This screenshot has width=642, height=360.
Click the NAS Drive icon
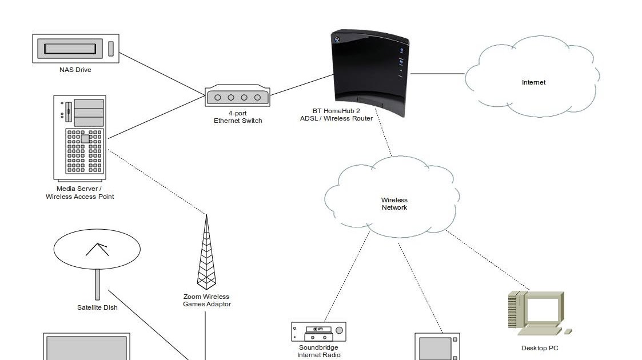tap(75, 49)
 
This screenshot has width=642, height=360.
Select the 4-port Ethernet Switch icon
tap(237, 97)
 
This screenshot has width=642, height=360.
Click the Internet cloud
tap(533, 77)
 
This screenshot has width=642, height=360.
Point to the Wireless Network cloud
tap(393, 197)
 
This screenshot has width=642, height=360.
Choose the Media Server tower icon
tap(80, 137)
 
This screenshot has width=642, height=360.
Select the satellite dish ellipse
tap(97, 249)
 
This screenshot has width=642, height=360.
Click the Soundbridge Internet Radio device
tap(318, 331)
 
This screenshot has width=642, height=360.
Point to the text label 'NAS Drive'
tap(75, 70)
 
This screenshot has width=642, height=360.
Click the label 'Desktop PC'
tap(540, 348)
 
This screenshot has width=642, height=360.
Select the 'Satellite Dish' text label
tap(97, 307)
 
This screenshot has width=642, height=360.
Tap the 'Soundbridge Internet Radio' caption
tap(318, 351)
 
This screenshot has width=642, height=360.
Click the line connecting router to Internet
tap(437, 74)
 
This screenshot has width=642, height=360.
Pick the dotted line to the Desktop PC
tap(486, 259)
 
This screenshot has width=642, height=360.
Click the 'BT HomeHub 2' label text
tap(337, 111)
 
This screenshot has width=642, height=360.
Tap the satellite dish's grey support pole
tap(98, 284)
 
